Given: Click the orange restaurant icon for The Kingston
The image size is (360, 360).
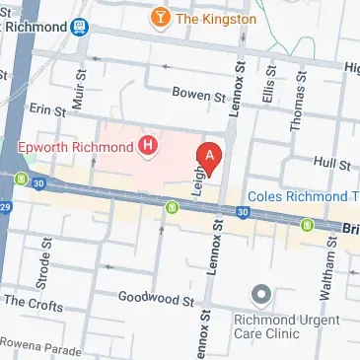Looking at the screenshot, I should tap(158, 19).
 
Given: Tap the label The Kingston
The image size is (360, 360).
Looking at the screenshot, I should tap(214, 19).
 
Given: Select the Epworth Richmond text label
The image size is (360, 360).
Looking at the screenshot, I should tap(76, 149).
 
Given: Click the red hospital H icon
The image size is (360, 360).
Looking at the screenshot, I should tap(148, 148).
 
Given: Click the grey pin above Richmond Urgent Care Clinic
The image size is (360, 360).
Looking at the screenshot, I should tap(260, 295).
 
